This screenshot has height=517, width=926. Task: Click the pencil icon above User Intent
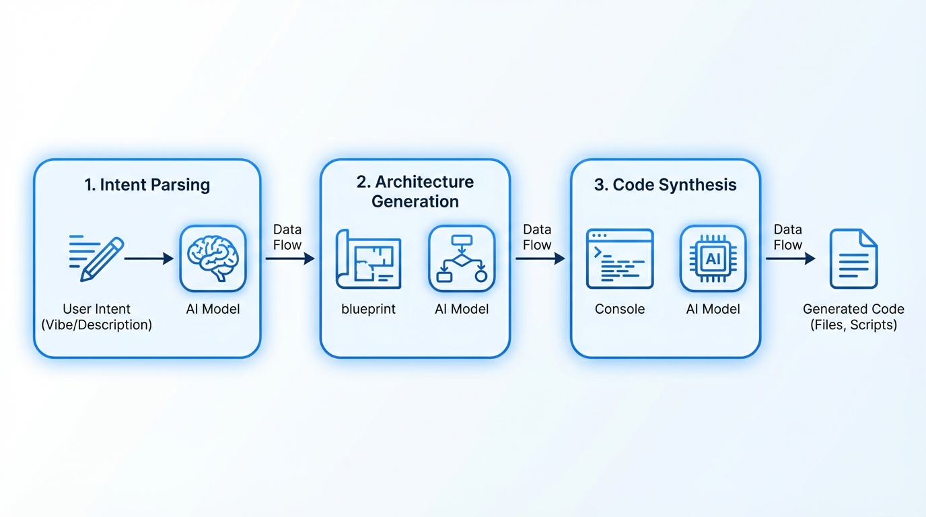pos(97,258)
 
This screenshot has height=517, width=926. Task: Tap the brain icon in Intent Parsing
pos(213,258)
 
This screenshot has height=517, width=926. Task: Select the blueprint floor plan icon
pos(368,258)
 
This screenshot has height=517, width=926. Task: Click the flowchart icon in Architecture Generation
pos(462,258)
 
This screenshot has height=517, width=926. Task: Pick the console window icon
pos(620,258)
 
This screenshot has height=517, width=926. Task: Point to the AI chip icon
pos(713,258)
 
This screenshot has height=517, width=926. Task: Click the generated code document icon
pos(853,258)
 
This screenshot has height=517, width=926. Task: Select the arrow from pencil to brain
pos(149,258)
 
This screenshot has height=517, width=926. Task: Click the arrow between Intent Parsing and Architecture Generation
pos(290,258)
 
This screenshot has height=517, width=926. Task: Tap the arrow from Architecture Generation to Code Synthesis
pos(540,258)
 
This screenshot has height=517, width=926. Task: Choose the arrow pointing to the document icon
pos(791,258)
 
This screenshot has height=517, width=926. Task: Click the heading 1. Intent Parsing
pos(147,185)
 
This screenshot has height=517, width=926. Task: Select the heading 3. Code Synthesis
pos(665,185)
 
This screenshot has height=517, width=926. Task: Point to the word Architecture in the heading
pos(425,182)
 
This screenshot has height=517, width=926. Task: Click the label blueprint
pos(368,310)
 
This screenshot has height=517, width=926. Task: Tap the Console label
pos(620,310)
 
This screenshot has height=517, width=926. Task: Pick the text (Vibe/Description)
pos(97,325)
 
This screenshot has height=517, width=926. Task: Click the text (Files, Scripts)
pos(853,325)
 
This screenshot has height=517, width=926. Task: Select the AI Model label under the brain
pos(213,310)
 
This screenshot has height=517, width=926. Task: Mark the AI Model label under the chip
pos(713,310)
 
